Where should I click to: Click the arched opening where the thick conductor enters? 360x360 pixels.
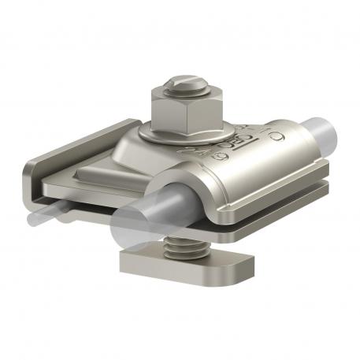(177, 197)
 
